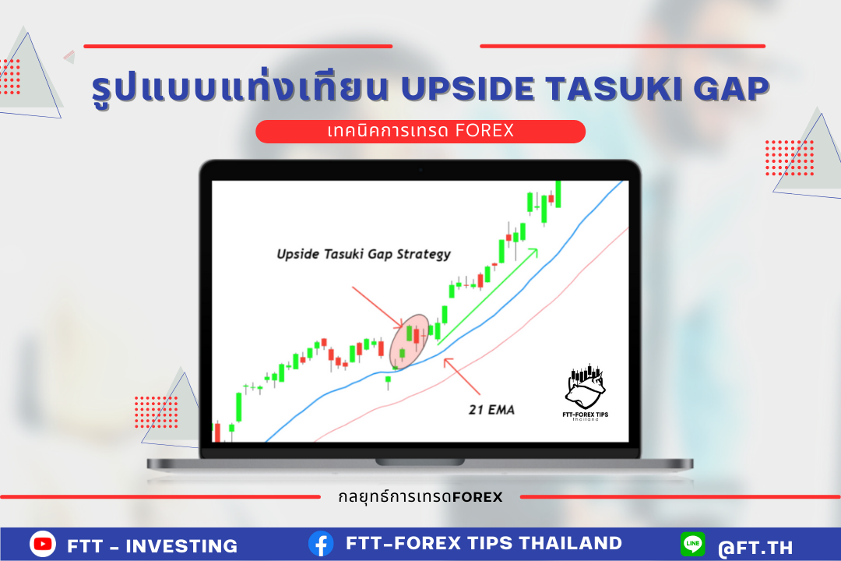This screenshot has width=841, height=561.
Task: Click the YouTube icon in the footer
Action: (43, 544)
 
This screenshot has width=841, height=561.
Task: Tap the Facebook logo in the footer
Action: (321, 544)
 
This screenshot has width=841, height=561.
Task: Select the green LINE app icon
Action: (693, 544)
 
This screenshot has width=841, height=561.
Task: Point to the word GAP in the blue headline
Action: (731, 89)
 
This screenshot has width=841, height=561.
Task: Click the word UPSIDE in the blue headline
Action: (468, 89)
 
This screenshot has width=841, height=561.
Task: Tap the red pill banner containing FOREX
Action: (420, 132)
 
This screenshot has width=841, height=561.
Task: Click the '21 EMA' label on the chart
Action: (492, 410)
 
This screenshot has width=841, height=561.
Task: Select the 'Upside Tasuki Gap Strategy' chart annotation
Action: (364, 254)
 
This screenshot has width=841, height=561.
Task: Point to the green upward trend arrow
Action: (487, 296)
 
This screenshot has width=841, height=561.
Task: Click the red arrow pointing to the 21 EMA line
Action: (462, 377)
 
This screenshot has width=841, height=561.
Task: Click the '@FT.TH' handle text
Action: (755, 548)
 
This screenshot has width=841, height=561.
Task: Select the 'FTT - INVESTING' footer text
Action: (153, 546)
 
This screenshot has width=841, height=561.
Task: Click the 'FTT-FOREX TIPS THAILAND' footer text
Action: (484, 543)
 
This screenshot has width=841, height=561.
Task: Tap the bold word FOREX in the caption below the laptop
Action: (477, 497)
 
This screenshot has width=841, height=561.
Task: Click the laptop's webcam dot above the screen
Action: (420, 170)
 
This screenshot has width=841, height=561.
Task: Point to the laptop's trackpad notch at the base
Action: (420, 462)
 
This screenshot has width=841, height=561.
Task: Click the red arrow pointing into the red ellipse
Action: (377, 307)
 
